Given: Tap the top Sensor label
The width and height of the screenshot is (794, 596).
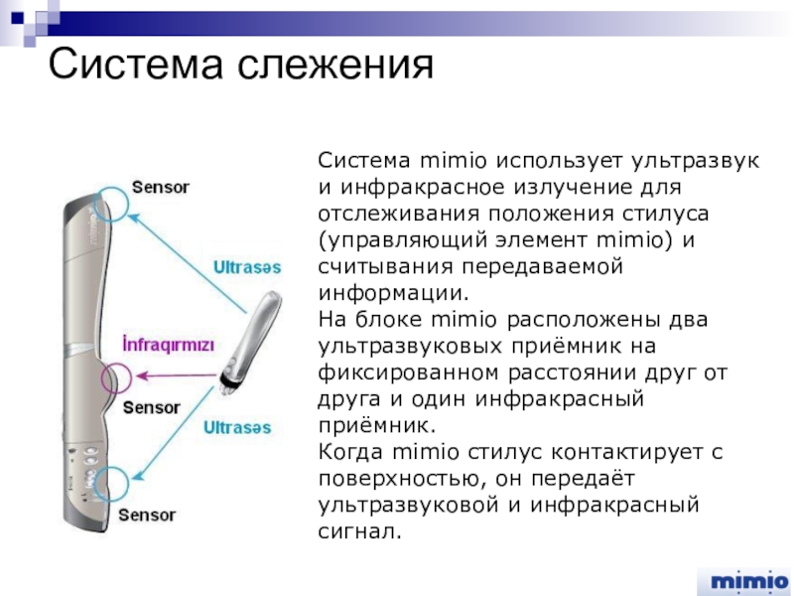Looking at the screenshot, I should [161, 187].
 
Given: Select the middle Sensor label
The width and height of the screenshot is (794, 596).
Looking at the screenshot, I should [151, 407].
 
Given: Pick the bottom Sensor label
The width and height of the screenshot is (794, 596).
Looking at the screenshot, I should [147, 515].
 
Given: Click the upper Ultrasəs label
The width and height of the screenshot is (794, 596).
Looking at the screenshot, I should [247, 266].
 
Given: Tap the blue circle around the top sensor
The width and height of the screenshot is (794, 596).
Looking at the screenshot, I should [112, 203].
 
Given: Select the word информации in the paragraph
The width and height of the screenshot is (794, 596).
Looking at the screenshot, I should [391, 294].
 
